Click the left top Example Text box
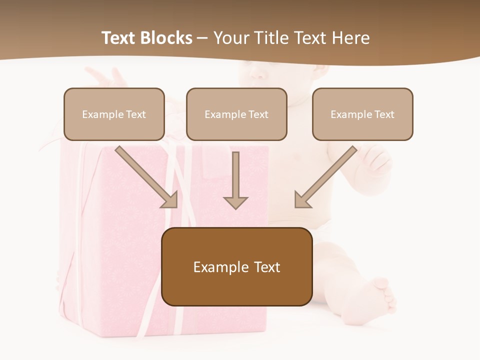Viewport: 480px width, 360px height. [x=114, y=114]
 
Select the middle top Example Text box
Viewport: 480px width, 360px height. [x=236, y=114]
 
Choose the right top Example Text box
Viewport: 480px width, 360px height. [x=362, y=114]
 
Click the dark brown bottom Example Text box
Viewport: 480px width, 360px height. [x=236, y=266]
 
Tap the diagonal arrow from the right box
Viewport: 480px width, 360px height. [x=325, y=177]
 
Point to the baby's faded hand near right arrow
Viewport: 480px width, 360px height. [x=376, y=160]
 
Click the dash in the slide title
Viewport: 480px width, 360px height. [x=202, y=38]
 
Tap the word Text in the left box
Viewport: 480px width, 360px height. [x=135, y=114]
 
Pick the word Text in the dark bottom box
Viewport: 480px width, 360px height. [x=266, y=266]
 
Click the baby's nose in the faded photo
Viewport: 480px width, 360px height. [x=258, y=75]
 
